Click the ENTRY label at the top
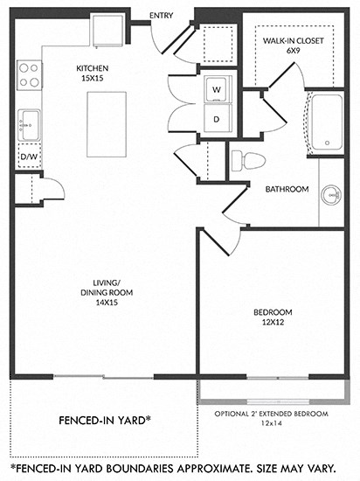pyautogui.click(x=162, y=16)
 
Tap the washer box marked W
pyautogui.click(x=215, y=87)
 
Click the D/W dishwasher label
pyautogui.click(x=28, y=157)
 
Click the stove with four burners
pyautogui.click(x=27, y=74)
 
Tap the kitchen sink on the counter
pyautogui.click(x=27, y=121)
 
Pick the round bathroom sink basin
pyautogui.click(x=331, y=194)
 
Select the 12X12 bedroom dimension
pyautogui.click(x=273, y=323)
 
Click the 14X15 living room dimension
pyautogui.click(x=106, y=303)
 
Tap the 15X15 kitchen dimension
pyautogui.click(x=90, y=78)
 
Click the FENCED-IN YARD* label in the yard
pyautogui.click(x=96, y=419)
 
